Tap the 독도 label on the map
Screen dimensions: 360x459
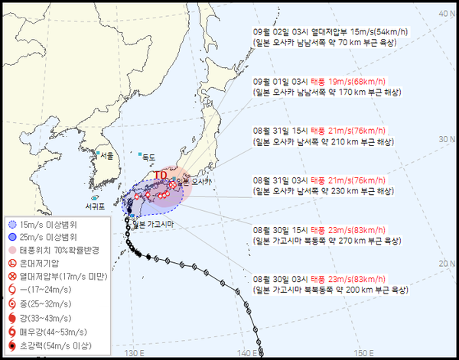point(148,157)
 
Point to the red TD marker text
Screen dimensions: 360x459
point(161,175)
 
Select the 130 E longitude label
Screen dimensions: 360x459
point(135,352)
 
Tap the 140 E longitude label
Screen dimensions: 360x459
point(246,352)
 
